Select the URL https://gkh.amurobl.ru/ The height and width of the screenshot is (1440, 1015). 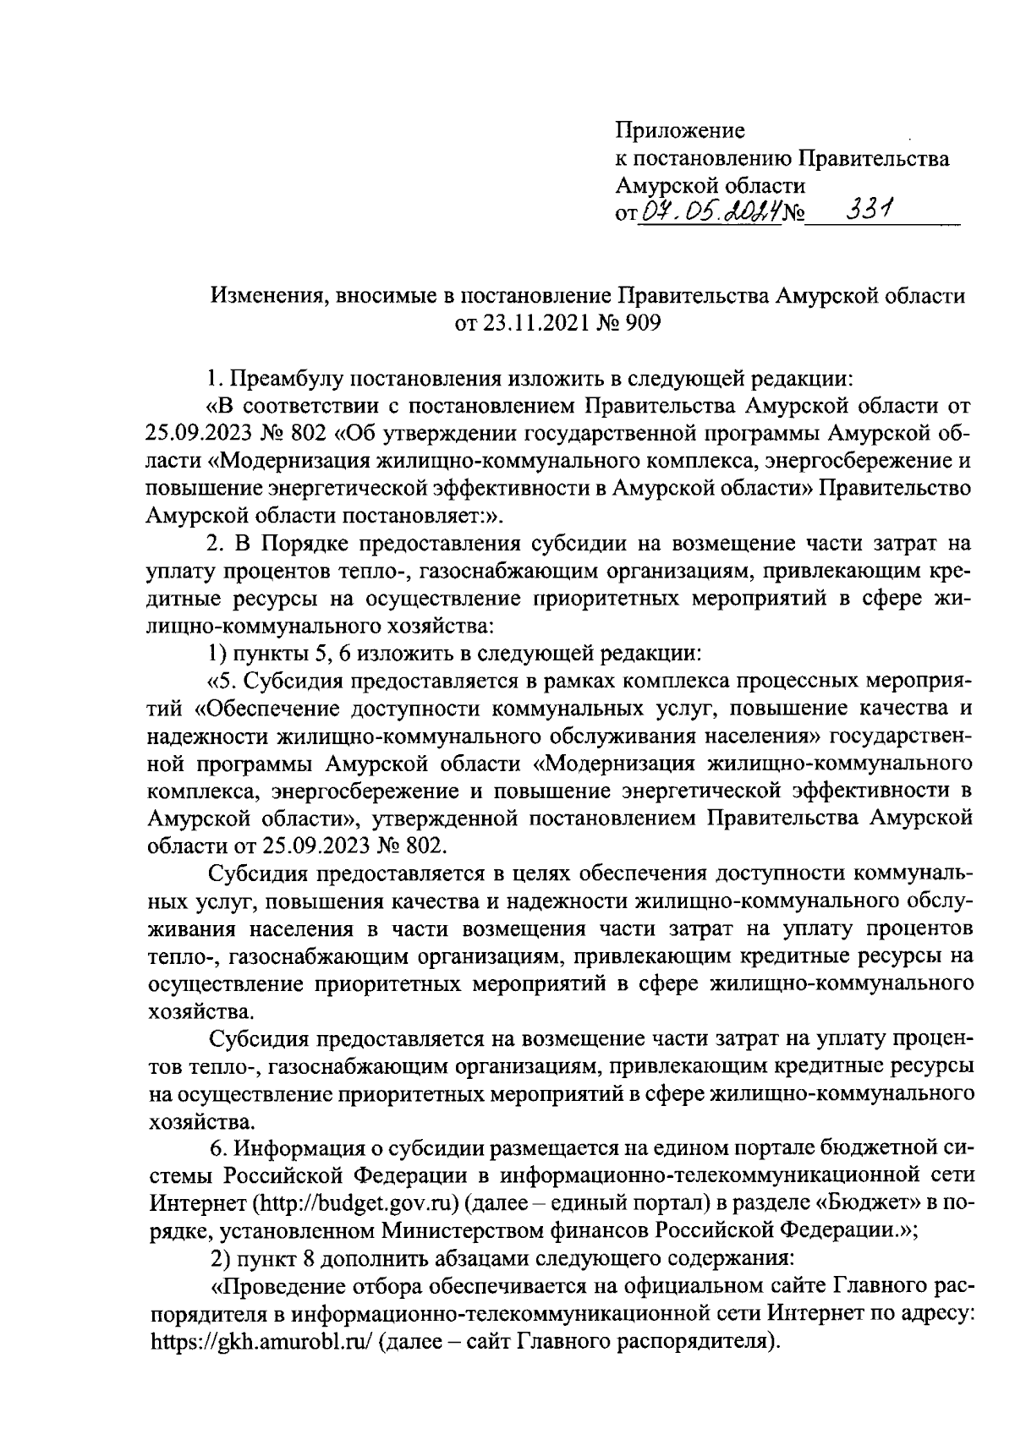click(261, 1342)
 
